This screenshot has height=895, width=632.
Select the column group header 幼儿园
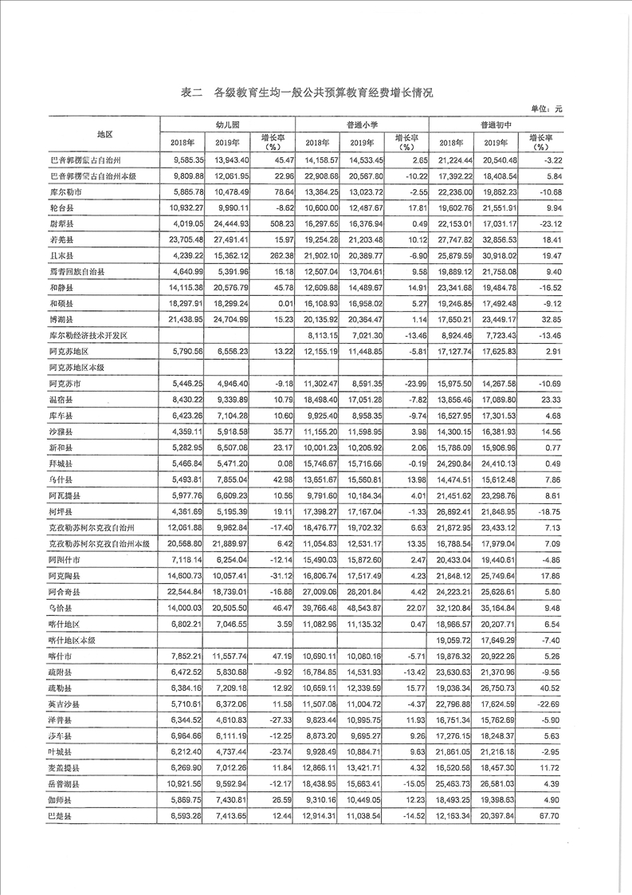(228, 125)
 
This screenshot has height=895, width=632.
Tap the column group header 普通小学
(362, 125)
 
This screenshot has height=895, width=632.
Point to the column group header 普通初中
(495, 125)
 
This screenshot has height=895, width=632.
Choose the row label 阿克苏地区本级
(77, 369)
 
